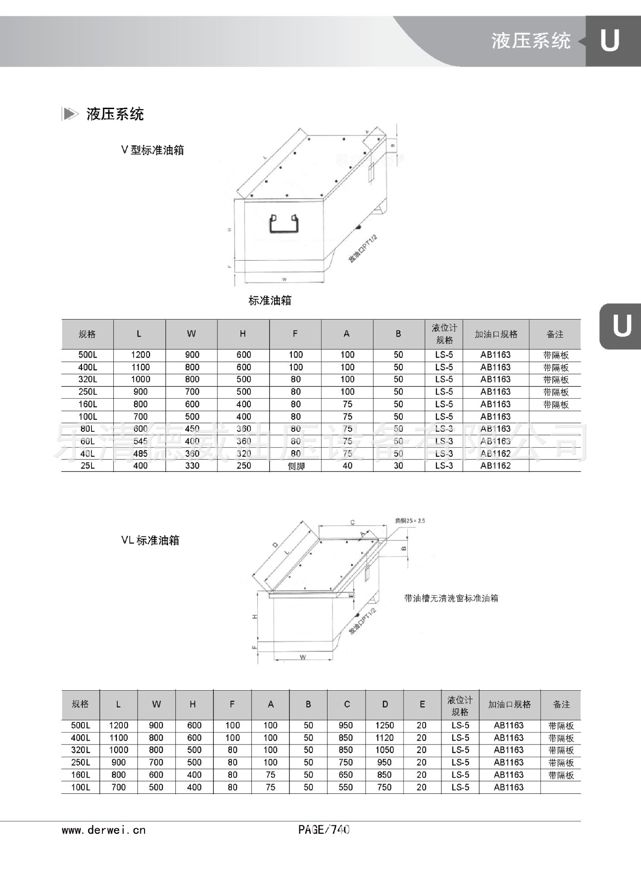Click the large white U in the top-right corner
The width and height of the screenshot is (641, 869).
click(x=610, y=41)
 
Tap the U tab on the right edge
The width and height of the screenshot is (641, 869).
click(x=622, y=326)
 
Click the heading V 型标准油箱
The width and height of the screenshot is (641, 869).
click(x=153, y=150)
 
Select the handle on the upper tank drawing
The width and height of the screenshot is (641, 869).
click(x=284, y=224)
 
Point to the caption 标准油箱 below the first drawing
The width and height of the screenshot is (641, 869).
click(x=270, y=301)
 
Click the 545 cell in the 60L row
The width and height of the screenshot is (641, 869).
click(x=140, y=441)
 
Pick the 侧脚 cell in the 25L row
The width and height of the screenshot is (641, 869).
click(x=296, y=466)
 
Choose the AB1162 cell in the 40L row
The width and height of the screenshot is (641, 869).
click(x=496, y=454)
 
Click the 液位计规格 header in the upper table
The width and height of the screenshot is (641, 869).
click(x=444, y=334)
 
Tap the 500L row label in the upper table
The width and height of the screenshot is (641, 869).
click(x=87, y=355)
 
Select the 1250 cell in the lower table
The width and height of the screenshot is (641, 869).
click(x=385, y=726)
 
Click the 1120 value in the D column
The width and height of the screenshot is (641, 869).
click(x=385, y=738)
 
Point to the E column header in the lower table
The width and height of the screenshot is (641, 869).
click(x=422, y=704)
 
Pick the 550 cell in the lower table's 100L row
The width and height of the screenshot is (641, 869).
click(x=346, y=788)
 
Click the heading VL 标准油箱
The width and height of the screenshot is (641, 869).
click(x=150, y=540)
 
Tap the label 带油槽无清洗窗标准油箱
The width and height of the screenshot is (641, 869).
click(x=451, y=598)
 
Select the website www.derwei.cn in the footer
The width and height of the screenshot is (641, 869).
click(x=104, y=830)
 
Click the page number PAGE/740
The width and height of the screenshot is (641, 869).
click(x=324, y=830)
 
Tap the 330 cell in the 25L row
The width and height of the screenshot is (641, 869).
click(x=192, y=466)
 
